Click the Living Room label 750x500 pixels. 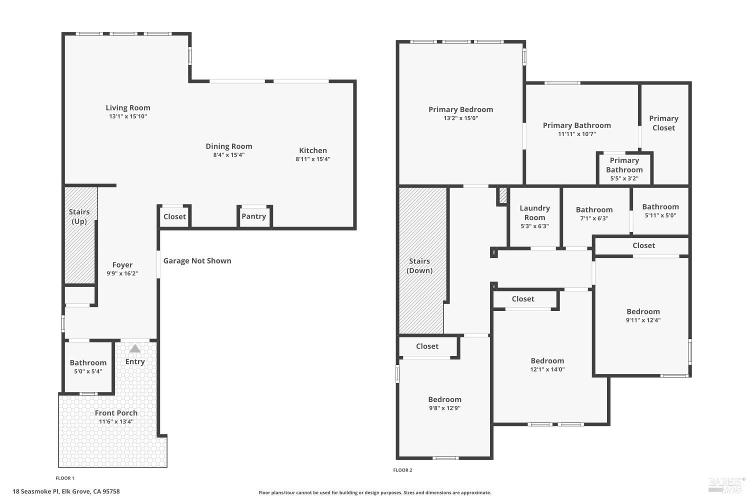pos(127,107)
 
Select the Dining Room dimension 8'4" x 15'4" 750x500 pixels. pos(228,155)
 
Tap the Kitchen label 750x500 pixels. pos(313,150)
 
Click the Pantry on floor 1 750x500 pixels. pos(254,216)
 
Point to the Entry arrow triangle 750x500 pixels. pos(135,348)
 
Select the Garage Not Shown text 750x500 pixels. pos(197,260)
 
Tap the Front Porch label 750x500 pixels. pos(116,413)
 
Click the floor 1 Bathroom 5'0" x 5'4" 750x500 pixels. pos(88,366)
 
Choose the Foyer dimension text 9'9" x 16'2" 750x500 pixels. pos(122,273)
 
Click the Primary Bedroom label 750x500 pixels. pos(460,109)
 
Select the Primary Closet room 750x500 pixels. pos(663,123)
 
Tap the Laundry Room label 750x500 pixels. pos(534,212)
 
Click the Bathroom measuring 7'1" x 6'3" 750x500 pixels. pos(594,213)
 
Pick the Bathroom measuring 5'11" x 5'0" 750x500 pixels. pos(660,210)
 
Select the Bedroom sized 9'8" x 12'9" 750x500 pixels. pos(444,403)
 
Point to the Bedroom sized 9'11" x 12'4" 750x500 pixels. pos(643,315)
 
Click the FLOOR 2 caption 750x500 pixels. pos(402,470)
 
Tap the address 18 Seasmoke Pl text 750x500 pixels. pos(66,491)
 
